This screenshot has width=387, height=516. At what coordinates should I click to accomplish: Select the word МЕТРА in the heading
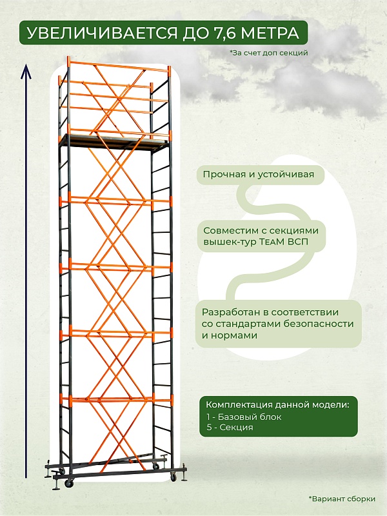272,33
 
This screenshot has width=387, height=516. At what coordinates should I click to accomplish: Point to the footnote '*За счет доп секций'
268,53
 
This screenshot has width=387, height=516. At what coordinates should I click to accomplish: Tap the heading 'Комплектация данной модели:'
277,404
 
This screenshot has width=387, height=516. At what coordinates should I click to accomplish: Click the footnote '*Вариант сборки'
342,499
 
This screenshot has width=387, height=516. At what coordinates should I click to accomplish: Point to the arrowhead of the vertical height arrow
26,67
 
